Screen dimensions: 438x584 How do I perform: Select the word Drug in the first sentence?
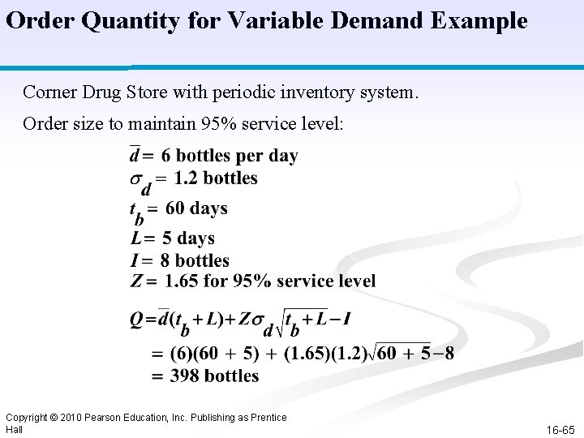click(x=105, y=92)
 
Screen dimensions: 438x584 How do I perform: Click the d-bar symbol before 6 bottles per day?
click(x=135, y=156)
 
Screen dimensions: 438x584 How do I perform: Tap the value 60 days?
click(x=196, y=208)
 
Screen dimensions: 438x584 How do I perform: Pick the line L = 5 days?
click(x=172, y=238)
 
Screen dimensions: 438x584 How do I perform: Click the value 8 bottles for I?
click(x=195, y=260)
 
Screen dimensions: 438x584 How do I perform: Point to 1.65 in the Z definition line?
click(x=182, y=281)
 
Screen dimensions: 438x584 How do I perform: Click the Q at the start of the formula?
click(x=137, y=319)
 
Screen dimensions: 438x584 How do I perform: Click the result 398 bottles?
click(x=214, y=376)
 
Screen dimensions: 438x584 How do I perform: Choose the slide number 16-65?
click(x=560, y=430)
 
